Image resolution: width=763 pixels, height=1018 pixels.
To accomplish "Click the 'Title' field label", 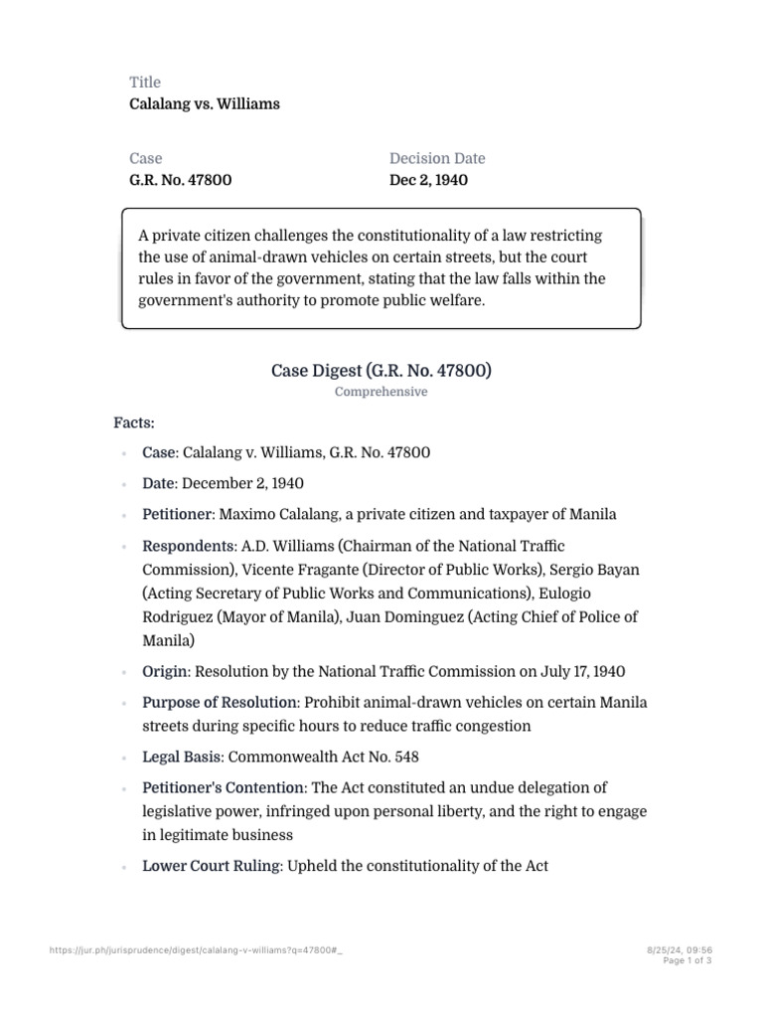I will [x=145, y=82].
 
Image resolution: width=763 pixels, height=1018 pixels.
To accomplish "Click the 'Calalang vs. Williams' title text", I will [x=205, y=103].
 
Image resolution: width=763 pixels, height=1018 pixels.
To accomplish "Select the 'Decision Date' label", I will [x=437, y=158].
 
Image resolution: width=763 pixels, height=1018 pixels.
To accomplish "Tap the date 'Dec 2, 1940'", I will [x=428, y=180].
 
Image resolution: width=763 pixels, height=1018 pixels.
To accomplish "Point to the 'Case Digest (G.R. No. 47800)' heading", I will [x=381, y=371].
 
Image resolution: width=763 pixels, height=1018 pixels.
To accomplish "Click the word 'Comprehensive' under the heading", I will [x=381, y=392].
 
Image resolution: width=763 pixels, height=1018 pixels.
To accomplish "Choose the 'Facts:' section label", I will [x=134, y=424].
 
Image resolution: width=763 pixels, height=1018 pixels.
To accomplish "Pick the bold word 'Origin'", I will [x=164, y=671].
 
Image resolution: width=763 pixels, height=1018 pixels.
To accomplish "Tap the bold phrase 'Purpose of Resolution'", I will [x=220, y=702].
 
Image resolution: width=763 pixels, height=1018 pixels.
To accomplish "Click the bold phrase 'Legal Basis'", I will [x=182, y=757].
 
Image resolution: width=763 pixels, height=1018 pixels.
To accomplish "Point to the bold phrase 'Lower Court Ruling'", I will [x=212, y=866].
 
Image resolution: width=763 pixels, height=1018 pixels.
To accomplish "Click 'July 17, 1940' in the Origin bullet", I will [x=579, y=671].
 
